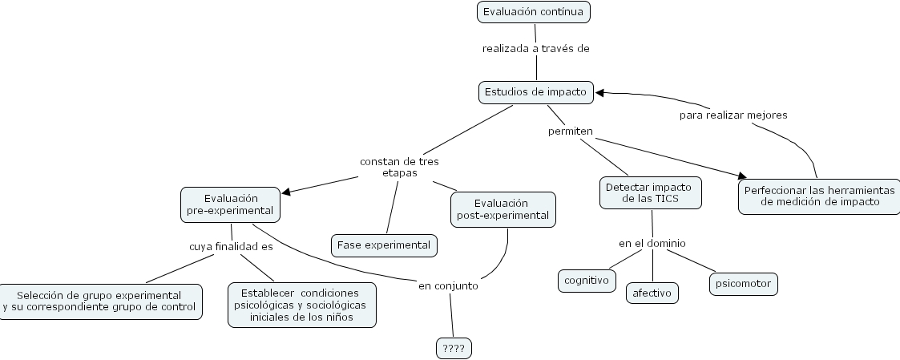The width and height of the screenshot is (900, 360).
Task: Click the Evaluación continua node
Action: tap(535, 13)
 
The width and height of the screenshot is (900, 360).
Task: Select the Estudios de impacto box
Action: tap(536, 92)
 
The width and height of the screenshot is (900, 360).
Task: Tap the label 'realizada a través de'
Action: tap(535, 48)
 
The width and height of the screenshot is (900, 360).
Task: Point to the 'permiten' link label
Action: tap(570, 130)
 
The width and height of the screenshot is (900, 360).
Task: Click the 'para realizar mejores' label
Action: tap(733, 115)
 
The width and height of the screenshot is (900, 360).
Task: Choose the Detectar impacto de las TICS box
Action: tap(651, 192)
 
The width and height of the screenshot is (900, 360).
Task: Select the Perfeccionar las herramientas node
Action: tap(819, 196)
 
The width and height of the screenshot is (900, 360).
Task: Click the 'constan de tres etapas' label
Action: tap(399, 167)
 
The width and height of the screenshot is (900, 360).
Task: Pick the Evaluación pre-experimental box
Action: tap(231, 204)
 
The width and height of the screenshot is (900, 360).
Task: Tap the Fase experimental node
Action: tap(384, 245)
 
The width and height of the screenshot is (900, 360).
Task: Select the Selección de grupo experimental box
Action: tap(99, 301)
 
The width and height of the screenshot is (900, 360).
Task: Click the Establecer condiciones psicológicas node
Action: tap(301, 305)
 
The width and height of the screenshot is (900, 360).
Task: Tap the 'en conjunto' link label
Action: tap(448, 285)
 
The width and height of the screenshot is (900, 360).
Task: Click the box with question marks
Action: tap(454, 348)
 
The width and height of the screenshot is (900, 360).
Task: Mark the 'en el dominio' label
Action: tap(652, 243)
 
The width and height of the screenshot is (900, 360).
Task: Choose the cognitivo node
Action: tap(587, 281)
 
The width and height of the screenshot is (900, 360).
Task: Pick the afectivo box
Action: tap(652, 293)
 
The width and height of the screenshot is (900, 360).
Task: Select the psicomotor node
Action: tap(743, 284)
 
